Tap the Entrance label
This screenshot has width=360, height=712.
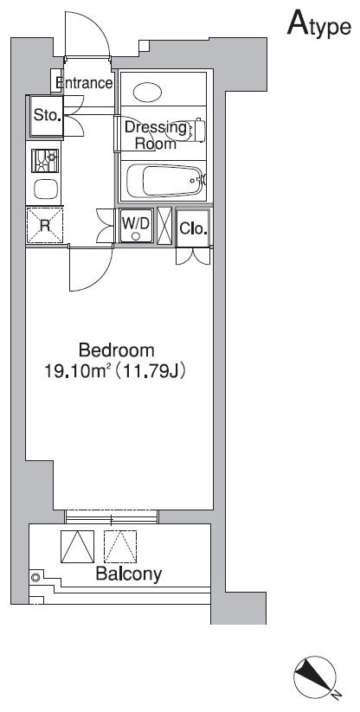point(84,83)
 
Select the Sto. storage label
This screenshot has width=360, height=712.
point(47,115)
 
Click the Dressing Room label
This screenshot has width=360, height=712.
point(156,136)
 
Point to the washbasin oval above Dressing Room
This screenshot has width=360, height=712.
point(147,93)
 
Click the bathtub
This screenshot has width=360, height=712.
point(165,181)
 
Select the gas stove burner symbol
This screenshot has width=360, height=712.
point(45,161)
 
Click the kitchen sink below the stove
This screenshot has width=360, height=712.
point(46,189)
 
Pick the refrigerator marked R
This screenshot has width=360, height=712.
point(44,225)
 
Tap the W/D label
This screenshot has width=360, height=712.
point(136,222)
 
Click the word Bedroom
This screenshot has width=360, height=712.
point(117,350)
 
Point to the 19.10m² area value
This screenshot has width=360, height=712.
point(76,372)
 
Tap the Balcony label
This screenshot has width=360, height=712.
point(128,574)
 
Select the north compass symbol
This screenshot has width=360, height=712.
point(316,677)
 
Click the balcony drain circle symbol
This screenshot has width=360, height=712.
point(35,578)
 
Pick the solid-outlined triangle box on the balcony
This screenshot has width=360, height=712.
point(78,547)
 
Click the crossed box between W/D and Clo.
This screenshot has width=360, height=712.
point(164,226)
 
